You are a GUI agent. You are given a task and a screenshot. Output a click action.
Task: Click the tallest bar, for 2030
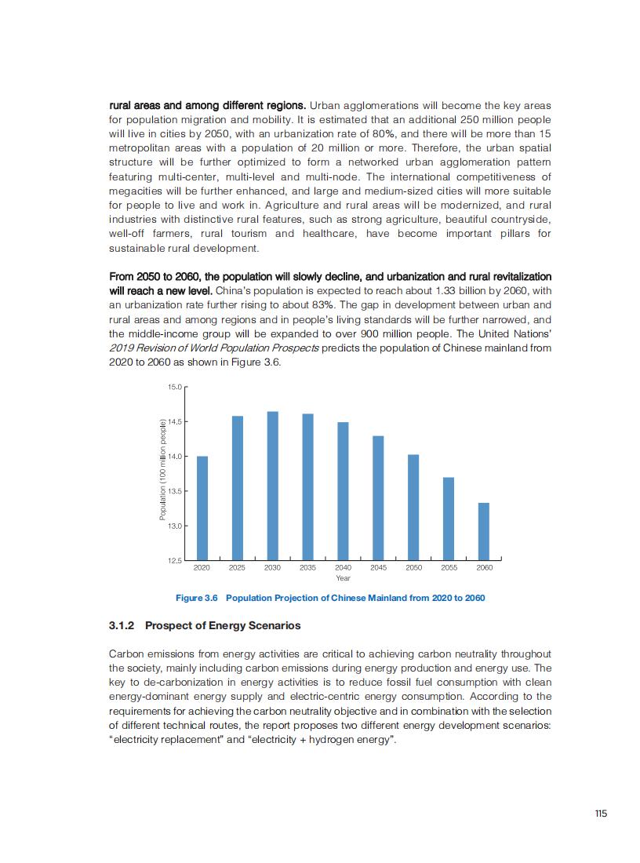(272, 485)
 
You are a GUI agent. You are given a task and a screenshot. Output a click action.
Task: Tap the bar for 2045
(378, 497)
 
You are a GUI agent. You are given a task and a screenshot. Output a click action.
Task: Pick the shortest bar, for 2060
(484, 530)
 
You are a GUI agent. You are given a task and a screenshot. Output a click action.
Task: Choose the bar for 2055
(449, 518)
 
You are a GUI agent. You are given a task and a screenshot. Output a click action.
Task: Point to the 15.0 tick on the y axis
(174, 387)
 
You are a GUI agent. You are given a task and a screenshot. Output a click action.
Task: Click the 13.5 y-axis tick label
(174, 491)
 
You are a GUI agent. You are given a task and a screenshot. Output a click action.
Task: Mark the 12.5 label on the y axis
(174, 560)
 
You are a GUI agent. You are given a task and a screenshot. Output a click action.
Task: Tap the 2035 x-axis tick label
(307, 567)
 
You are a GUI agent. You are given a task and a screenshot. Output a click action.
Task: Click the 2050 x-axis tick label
(413, 567)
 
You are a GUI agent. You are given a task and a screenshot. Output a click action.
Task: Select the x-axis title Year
(343, 578)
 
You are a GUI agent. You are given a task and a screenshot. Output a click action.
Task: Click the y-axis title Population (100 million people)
(162, 469)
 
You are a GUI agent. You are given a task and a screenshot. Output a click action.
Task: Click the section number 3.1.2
(122, 626)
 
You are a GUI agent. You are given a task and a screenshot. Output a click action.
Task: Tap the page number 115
(601, 814)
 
